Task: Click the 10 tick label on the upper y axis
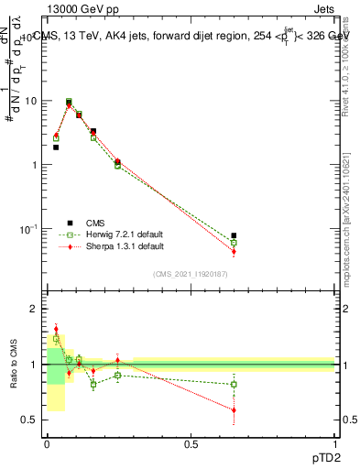coord(30,102)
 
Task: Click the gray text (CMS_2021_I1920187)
coord(190,273)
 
